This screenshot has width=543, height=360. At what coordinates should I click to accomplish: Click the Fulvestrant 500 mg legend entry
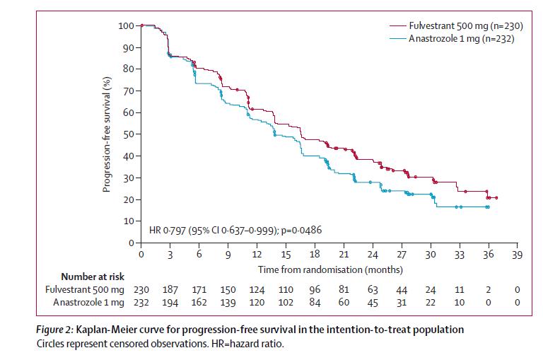460,25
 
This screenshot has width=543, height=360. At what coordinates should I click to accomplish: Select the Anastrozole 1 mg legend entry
460,39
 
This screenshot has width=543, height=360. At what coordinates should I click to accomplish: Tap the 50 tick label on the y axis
128,134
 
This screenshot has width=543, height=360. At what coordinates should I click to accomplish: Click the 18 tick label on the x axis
315,255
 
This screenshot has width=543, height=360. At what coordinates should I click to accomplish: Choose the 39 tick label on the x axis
516,255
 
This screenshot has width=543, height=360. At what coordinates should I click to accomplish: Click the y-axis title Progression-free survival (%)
107,134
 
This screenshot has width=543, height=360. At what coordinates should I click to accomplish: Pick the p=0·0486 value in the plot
303,231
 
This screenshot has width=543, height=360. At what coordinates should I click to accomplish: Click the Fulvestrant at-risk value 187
171,290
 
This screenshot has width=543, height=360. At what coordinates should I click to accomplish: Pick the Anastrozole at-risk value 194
171,303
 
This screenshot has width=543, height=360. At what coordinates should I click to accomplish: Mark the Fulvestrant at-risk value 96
315,290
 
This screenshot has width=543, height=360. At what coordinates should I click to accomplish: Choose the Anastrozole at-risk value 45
373,303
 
